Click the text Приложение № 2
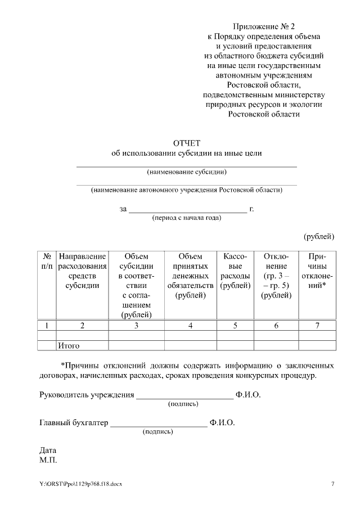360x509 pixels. pyautogui.click(x=264, y=26)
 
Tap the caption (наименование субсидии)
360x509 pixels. pyautogui.click(x=186, y=172)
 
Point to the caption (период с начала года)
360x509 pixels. pyautogui.click(x=187, y=218)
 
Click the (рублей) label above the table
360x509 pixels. pyautogui.click(x=319, y=236)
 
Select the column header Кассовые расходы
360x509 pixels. pyautogui.click(x=236, y=271)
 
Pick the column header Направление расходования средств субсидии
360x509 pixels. pyautogui.click(x=82, y=271)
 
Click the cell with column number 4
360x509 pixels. pyautogui.click(x=190, y=325)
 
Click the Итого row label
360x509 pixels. pyautogui.click(x=69, y=345)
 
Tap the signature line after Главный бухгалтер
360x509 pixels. pyautogui.click(x=159, y=425)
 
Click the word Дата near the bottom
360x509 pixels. pyautogui.click(x=48, y=451)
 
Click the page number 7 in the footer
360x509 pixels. pyautogui.click(x=332, y=484)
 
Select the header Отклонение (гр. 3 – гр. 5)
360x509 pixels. pyautogui.click(x=276, y=276)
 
